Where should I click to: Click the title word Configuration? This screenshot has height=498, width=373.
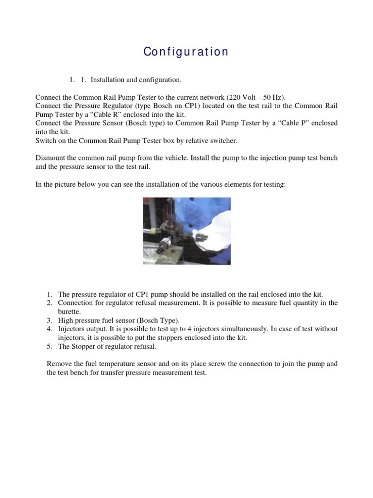click(186, 52)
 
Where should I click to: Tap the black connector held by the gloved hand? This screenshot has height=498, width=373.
click(201, 237)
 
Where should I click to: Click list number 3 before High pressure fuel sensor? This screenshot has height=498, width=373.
click(50, 320)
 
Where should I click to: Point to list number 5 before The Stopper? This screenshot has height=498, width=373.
click(50, 346)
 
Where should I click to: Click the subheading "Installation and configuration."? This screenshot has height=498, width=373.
click(136, 79)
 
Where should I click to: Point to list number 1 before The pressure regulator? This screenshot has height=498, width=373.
click(50, 294)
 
